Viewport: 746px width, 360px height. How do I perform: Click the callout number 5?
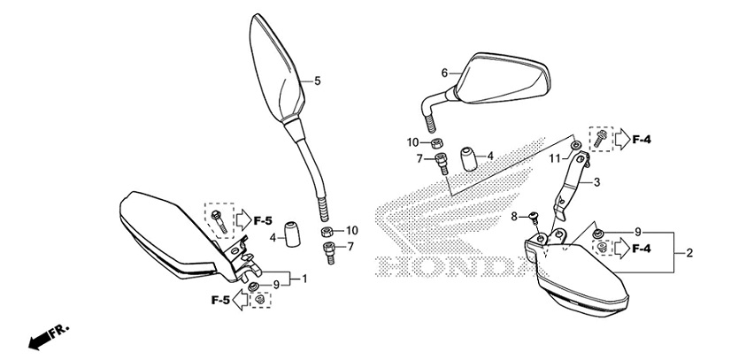coord(316,80)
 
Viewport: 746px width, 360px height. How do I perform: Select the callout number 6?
coord(445,73)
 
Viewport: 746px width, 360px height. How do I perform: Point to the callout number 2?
coord(688,253)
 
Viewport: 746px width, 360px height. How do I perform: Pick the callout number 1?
coord(305,280)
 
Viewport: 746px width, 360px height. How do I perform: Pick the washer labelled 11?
coord(576,145)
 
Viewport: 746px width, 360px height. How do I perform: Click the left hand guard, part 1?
coord(173,234)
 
